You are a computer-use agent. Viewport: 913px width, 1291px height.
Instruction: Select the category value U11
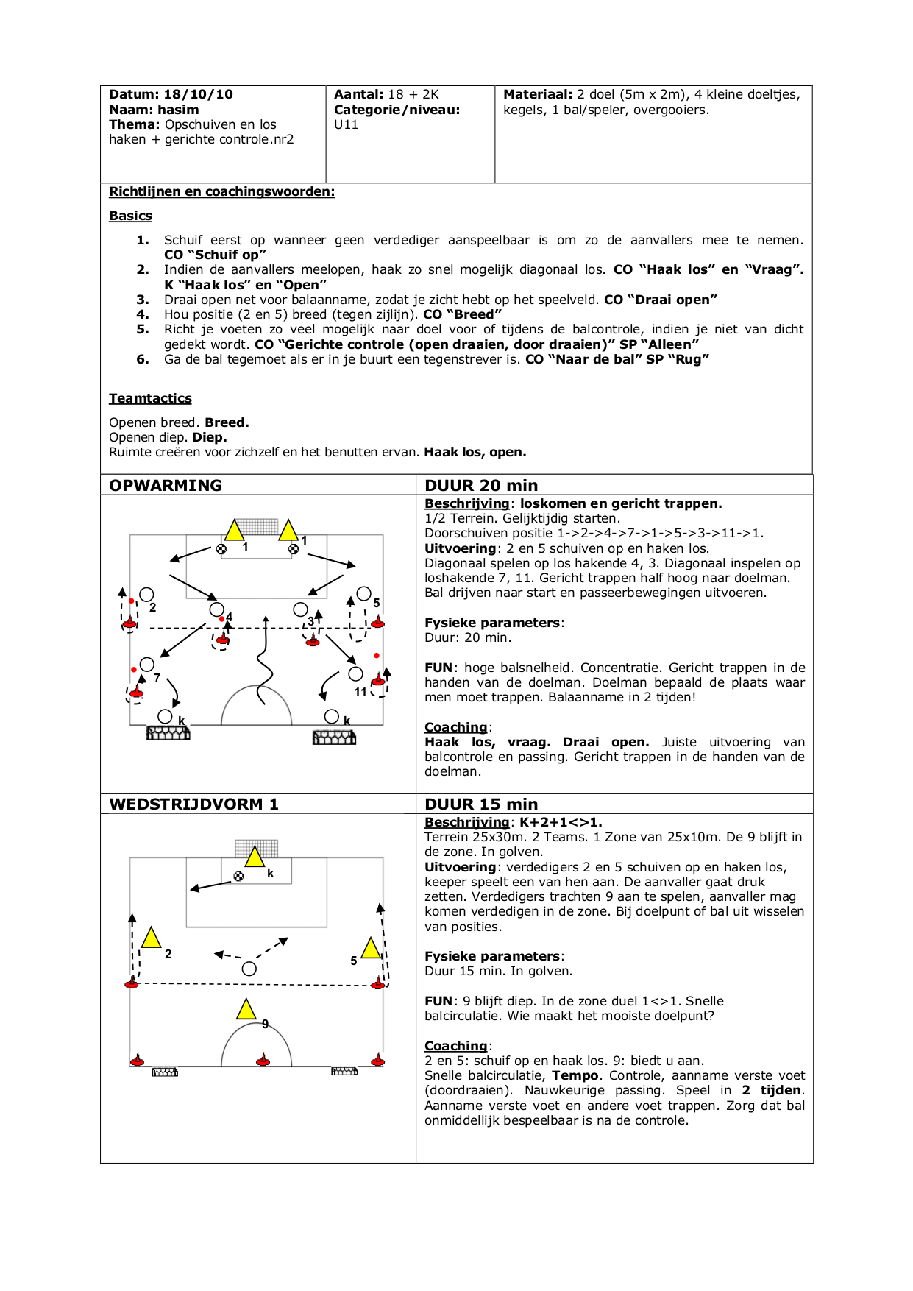pyautogui.click(x=346, y=124)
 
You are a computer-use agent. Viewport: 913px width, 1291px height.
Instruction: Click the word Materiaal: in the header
pyautogui.click(x=538, y=94)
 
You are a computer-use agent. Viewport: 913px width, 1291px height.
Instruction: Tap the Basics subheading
pyautogui.click(x=130, y=216)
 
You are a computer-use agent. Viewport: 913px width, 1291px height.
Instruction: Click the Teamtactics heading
pyautogui.click(x=150, y=398)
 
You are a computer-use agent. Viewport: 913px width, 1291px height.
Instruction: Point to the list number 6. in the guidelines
pyautogui.click(x=143, y=359)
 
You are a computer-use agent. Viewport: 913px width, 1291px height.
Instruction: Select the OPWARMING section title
pyautogui.click(x=166, y=485)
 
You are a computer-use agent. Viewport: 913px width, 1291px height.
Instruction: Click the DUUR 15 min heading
pyautogui.click(x=481, y=804)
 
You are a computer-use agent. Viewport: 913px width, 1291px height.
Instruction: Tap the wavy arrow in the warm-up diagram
pyautogui.click(x=263, y=662)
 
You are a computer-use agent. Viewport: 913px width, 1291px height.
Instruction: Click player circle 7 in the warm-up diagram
pyautogui.click(x=147, y=665)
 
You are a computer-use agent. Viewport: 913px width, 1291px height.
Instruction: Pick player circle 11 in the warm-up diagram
pyautogui.click(x=356, y=673)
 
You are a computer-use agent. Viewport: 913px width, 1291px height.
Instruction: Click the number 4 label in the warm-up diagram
pyautogui.click(x=230, y=617)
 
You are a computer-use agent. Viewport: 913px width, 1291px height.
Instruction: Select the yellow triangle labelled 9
pyautogui.click(x=246, y=1009)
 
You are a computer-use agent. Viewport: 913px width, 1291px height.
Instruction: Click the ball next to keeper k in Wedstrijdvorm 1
pyautogui.click(x=238, y=876)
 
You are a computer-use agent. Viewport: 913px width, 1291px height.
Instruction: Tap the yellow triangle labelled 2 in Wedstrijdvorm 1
pyautogui.click(x=151, y=938)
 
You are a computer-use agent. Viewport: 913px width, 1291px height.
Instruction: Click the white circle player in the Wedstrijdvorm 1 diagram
pyautogui.click(x=249, y=969)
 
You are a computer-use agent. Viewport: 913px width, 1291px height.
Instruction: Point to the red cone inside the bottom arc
pyautogui.click(x=263, y=1061)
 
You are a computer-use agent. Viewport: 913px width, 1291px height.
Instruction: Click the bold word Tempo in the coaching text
pyautogui.click(x=575, y=1075)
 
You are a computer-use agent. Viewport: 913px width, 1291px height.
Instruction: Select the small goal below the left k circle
pyautogui.click(x=168, y=733)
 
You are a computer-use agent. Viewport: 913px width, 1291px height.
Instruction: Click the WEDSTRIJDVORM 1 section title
pyautogui.click(x=193, y=804)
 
